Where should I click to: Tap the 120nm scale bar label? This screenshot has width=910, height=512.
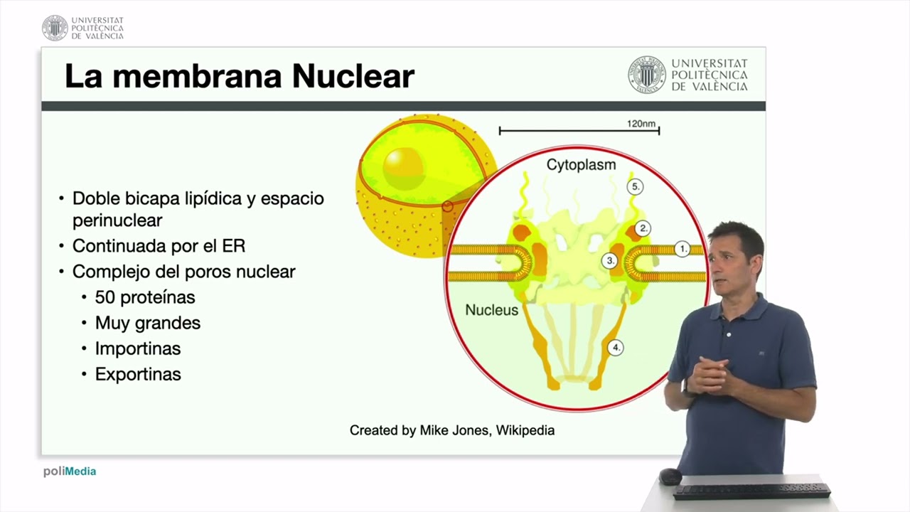(641, 124)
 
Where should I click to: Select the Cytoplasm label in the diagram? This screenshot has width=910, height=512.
(581, 165)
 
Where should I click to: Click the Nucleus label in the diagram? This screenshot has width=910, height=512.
(491, 310)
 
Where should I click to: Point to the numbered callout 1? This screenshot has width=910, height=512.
(682, 249)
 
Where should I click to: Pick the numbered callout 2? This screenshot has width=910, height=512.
(643, 228)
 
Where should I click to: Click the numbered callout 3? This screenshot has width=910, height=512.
(610, 260)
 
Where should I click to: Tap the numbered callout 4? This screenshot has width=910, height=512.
(616, 348)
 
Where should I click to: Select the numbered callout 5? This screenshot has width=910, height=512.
(635, 187)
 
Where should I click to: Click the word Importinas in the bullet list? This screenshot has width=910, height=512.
(138, 348)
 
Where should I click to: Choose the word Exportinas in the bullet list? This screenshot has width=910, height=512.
(138, 374)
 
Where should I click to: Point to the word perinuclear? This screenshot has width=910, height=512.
(117, 220)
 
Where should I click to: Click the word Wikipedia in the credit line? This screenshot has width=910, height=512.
(525, 430)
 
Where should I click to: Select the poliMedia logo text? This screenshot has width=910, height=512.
(70, 471)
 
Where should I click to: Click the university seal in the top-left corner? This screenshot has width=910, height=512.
(55, 28)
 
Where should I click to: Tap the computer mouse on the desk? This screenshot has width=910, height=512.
(670, 476)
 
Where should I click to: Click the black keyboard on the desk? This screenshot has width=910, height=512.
(751, 491)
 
